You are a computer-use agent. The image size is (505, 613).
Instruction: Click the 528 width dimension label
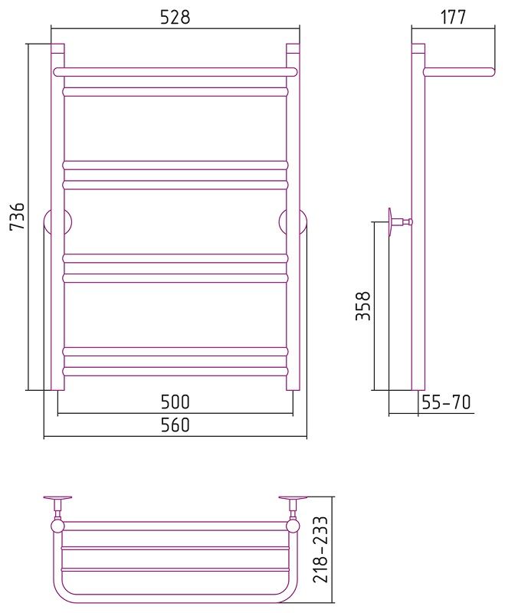click(x=175, y=17)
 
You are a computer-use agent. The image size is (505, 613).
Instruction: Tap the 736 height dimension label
click(x=18, y=216)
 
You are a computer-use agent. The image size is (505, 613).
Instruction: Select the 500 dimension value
click(x=175, y=402)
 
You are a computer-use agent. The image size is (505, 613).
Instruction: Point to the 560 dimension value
click(x=175, y=425)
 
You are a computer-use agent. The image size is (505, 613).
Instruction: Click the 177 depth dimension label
click(x=454, y=17)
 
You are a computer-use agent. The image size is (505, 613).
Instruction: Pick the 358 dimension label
click(x=363, y=306)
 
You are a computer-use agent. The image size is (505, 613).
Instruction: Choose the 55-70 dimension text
click(x=446, y=402)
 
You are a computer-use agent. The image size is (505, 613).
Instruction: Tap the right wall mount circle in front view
click(x=293, y=222)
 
